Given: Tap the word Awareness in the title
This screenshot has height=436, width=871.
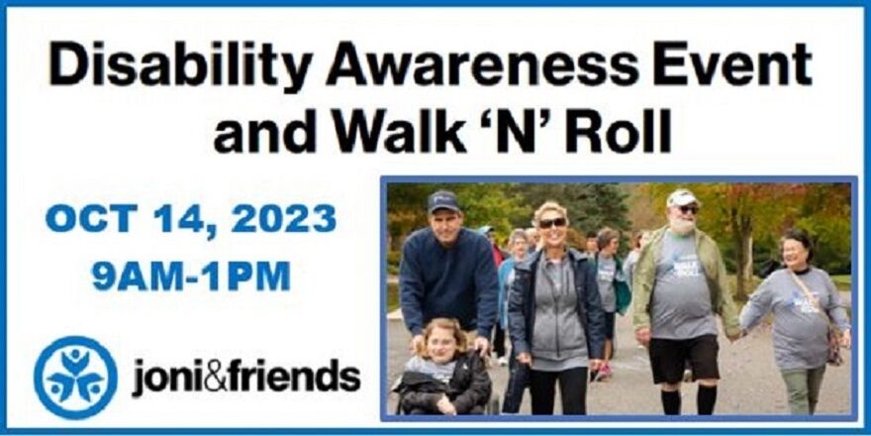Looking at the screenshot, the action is tap(482, 65).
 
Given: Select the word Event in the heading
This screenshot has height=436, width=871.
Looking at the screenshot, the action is tap(732, 65).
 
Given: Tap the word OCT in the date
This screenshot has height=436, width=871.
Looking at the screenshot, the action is tap(89, 219).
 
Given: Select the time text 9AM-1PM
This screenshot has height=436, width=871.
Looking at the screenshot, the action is tap(191, 275).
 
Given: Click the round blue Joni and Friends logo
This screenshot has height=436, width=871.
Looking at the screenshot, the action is tap(75, 378).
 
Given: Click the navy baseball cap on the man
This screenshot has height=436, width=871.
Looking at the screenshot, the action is tap(442, 201).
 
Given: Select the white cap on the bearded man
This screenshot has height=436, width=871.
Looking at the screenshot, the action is tap(681, 198).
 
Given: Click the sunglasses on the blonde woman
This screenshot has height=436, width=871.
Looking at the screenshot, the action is tap(551, 223).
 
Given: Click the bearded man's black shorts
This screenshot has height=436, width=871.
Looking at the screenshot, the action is tap(682, 359).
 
